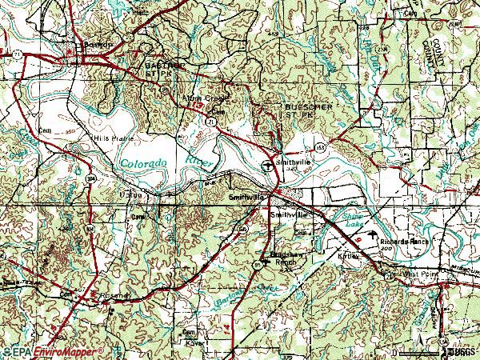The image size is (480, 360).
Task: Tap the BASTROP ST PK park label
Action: (x=160, y=69)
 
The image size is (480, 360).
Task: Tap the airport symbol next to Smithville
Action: (x=266, y=165)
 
